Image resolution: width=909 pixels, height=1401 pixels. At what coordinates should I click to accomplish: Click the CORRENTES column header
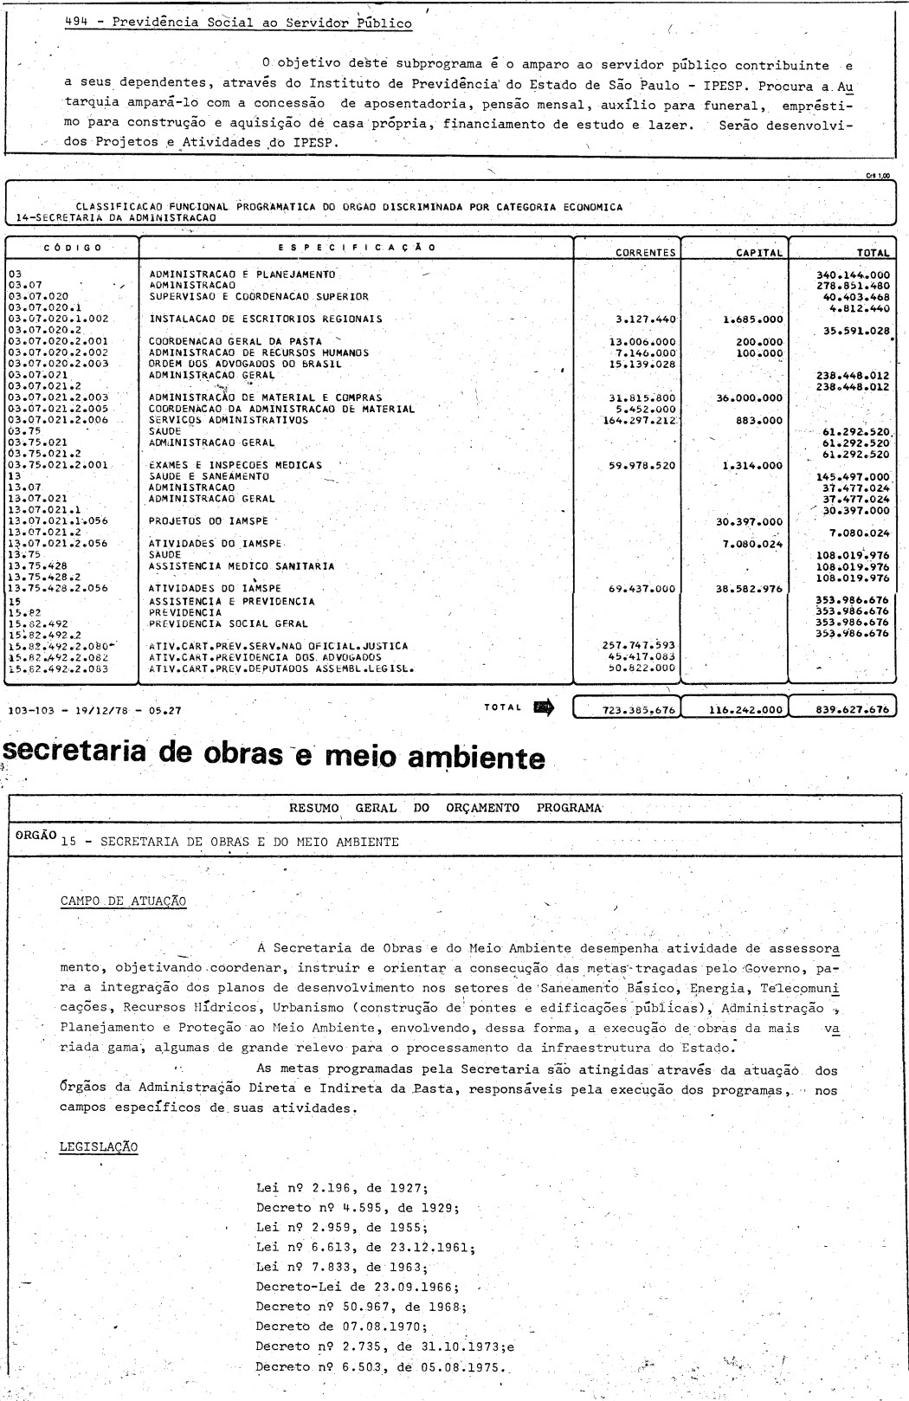[645, 253]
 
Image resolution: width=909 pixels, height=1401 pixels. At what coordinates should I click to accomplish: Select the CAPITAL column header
[759, 253]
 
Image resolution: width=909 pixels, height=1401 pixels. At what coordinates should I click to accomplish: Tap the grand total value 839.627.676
[852, 709]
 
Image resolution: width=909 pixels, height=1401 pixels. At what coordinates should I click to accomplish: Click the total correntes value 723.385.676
[639, 709]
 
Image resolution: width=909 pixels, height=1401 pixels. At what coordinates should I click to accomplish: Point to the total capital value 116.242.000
[745, 709]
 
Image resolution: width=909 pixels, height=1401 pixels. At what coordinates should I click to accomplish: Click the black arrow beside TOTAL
[545, 707]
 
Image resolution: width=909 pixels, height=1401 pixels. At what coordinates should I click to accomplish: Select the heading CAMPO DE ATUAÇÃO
[123, 901]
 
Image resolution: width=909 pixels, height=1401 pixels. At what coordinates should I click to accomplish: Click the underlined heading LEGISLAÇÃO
[98, 1146]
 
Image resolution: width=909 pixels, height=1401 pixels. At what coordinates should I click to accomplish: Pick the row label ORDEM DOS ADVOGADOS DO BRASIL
[245, 364]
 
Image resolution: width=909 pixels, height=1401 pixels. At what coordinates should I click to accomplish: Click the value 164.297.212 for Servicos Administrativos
[640, 420]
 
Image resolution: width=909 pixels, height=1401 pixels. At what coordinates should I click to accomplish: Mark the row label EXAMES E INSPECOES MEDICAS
[235, 465]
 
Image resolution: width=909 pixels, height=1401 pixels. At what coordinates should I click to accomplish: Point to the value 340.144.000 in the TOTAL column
[853, 274]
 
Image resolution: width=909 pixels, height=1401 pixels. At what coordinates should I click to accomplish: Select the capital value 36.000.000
[749, 398]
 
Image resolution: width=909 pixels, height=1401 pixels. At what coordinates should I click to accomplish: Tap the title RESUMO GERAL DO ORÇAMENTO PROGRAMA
[445, 808]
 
